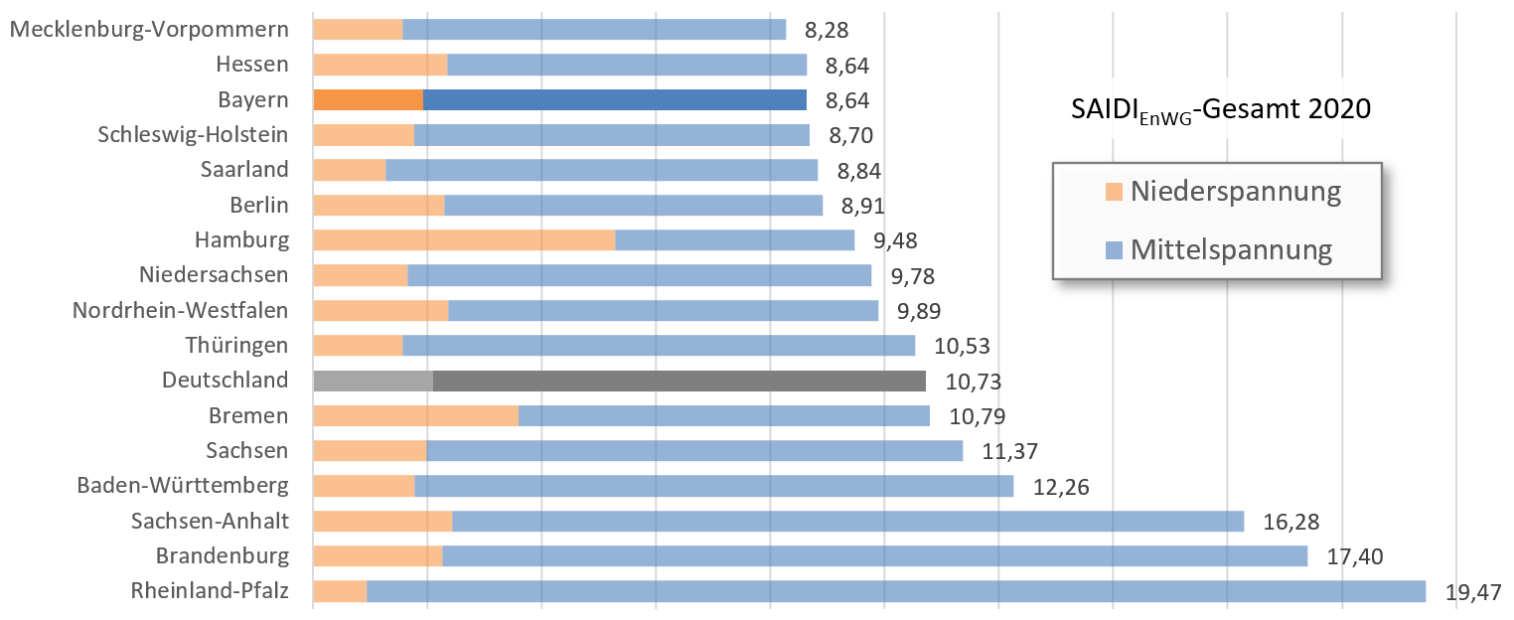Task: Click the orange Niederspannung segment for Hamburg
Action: (x=464, y=239)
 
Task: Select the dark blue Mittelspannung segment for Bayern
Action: (x=614, y=99)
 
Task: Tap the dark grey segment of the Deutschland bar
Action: (x=679, y=381)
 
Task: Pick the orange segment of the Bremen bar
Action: (x=415, y=415)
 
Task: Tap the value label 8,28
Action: (x=827, y=30)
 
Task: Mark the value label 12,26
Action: (x=1061, y=487)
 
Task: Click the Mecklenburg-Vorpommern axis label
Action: (x=149, y=29)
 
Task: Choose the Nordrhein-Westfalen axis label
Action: (x=180, y=310)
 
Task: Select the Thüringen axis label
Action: (x=236, y=345)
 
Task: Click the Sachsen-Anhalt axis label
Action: (x=210, y=521)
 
